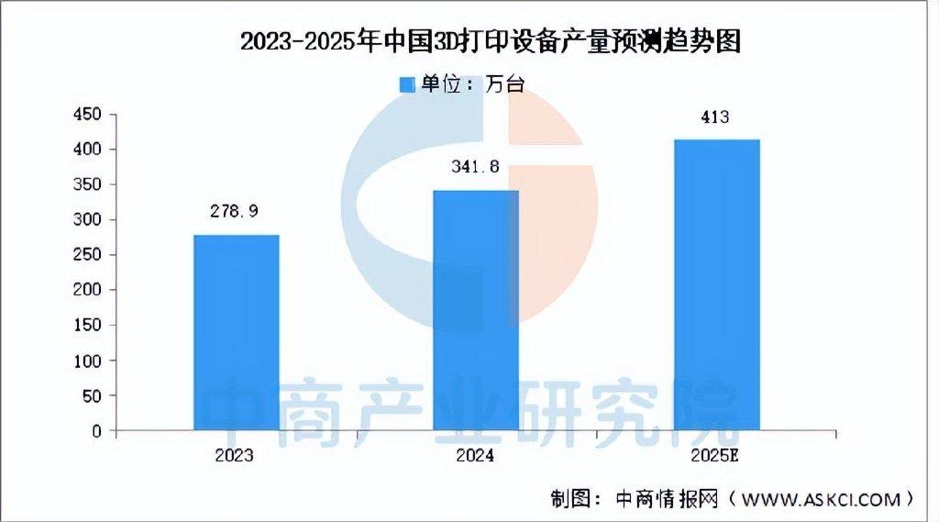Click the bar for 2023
point(237,332)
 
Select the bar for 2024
point(476,310)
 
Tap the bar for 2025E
point(717,284)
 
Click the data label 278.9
point(236,211)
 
